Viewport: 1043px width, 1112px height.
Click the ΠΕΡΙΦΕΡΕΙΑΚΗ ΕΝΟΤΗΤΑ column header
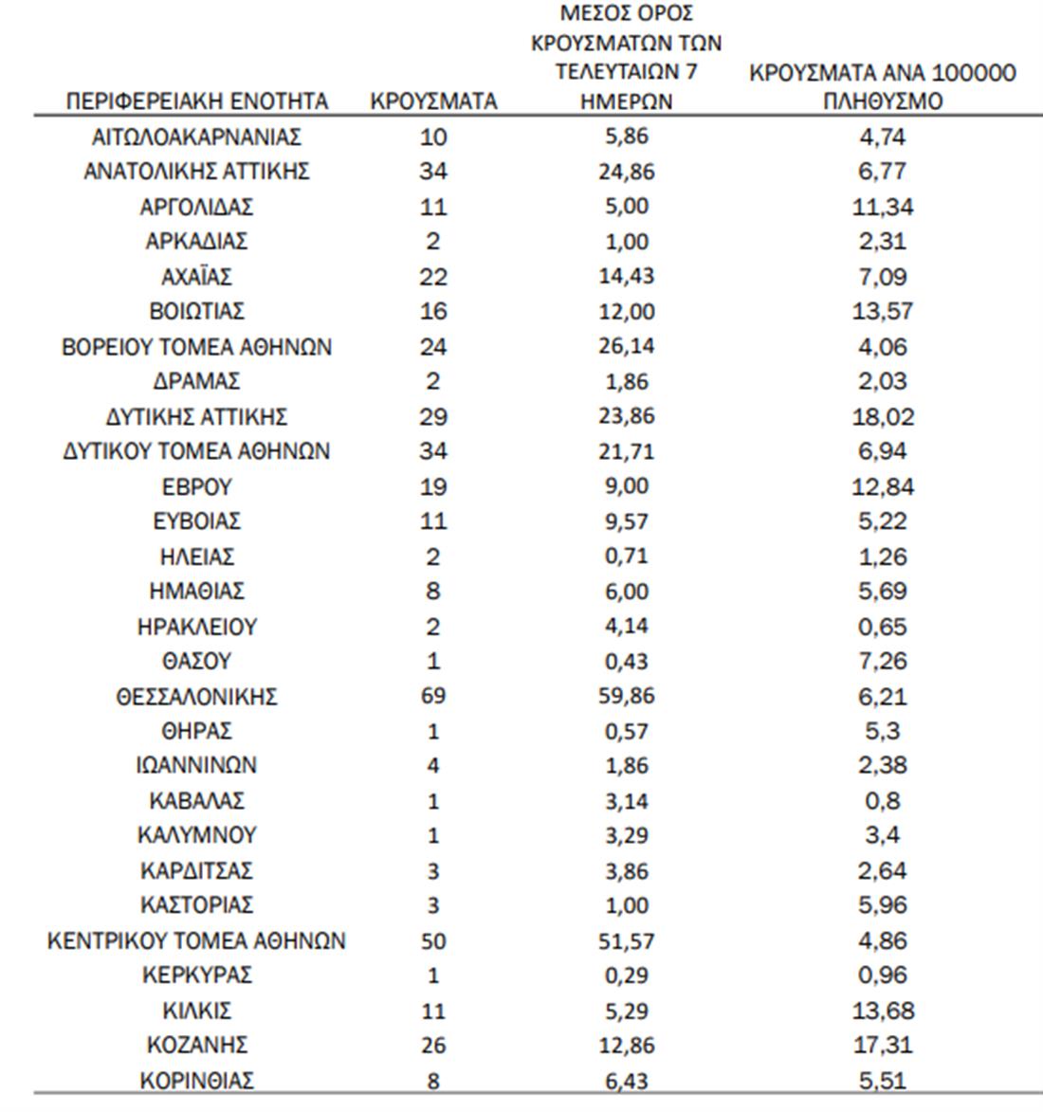196,101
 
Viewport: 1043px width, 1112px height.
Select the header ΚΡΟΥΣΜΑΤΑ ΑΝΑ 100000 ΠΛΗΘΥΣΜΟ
882,86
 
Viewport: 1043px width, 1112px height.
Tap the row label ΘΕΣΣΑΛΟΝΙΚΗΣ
196,697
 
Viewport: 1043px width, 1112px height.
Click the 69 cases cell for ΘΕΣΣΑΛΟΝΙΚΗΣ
432,697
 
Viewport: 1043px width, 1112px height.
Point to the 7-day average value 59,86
626,697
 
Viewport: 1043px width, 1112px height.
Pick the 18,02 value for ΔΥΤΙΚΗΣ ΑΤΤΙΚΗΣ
882,417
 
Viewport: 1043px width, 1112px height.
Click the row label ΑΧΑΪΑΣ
196,277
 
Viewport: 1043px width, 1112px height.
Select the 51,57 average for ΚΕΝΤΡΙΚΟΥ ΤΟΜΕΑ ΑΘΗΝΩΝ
626,941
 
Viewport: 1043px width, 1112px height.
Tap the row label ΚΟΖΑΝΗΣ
196,1046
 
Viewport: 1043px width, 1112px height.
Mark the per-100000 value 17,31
882,1046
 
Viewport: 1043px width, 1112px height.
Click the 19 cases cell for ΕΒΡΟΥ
432,487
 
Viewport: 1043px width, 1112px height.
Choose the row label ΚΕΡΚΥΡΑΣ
196,975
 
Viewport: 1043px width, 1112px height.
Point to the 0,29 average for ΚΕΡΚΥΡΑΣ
626,975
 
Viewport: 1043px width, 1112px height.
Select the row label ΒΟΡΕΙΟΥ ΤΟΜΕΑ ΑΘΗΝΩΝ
196,347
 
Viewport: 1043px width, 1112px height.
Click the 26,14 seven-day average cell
626,347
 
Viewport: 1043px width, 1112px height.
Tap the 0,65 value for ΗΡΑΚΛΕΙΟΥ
882,628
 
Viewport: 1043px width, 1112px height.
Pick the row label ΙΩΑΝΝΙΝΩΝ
196,766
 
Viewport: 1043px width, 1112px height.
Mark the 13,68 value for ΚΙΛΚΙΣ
882,1011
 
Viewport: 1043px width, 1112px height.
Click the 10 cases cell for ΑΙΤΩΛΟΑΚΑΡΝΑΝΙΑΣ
432,137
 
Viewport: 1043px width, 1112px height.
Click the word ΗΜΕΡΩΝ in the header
626,101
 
